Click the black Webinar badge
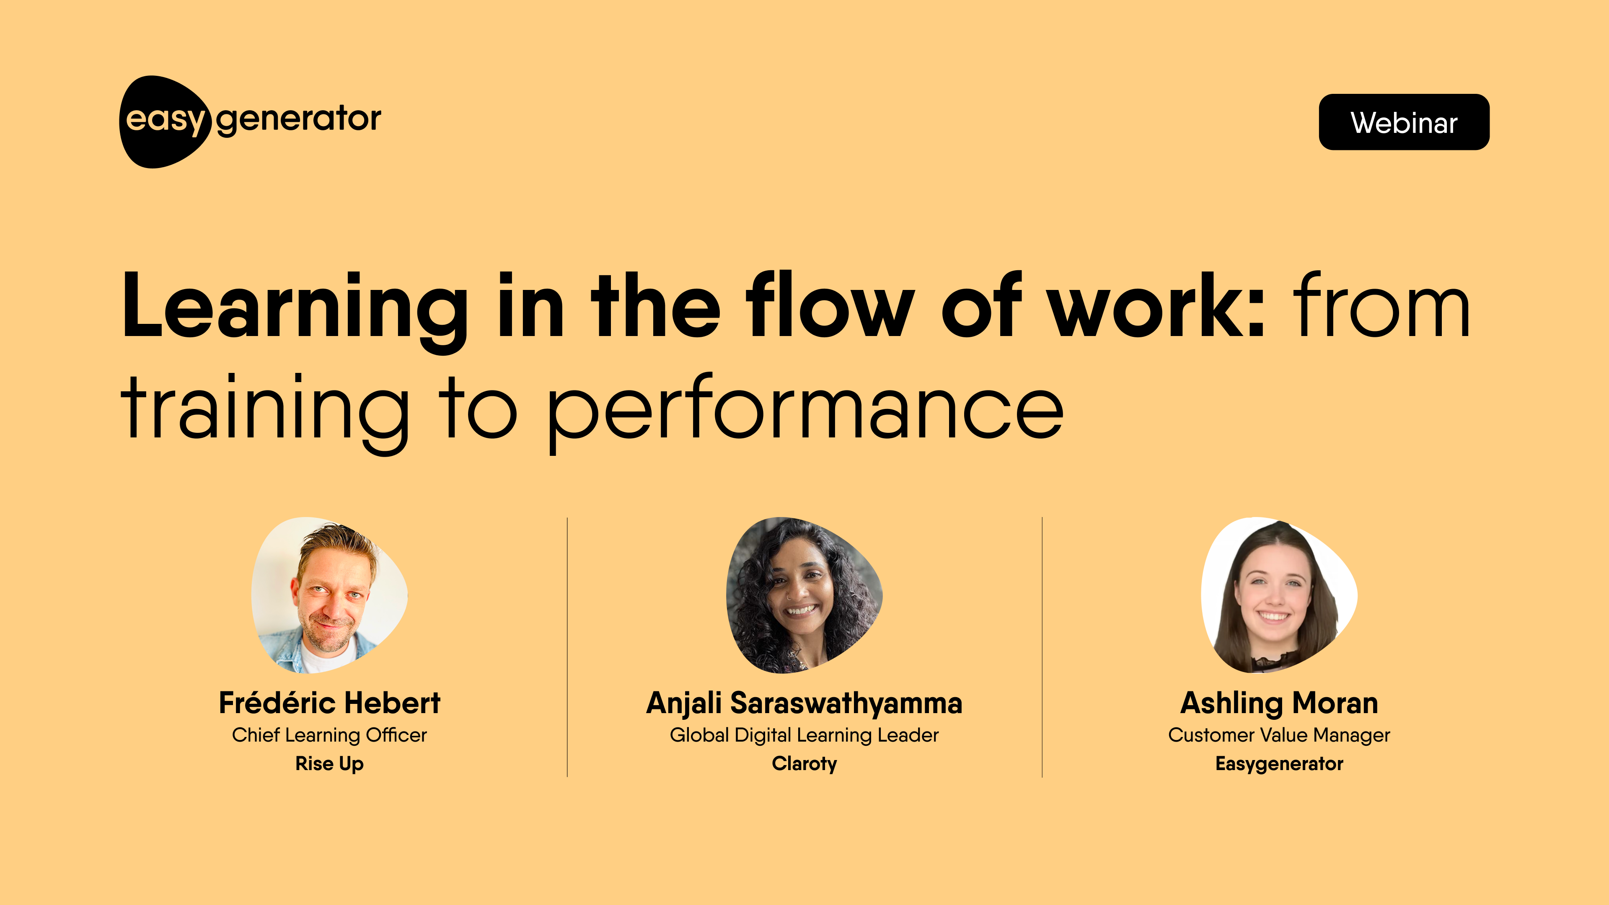(x=1404, y=122)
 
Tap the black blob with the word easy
(x=164, y=122)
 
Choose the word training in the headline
(x=265, y=413)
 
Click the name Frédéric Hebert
(x=329, y=703)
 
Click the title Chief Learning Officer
(x=329, y=735)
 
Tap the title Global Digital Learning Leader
(x=804, y=735)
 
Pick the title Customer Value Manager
(x=1279, y=735)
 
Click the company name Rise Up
(x=329, y=764)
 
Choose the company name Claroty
(x=804, y=764)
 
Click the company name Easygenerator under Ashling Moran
(x=1279, y=764)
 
